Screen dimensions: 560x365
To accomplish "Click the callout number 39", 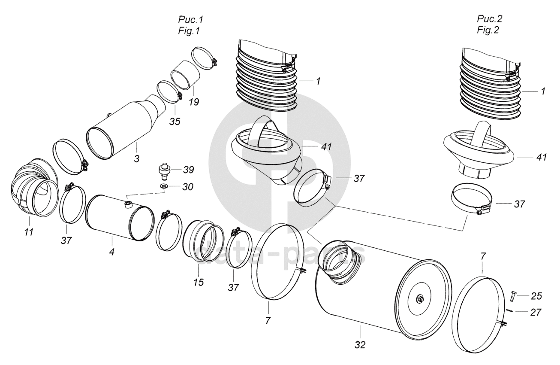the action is click(x=189, y=170).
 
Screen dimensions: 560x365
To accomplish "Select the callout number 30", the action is click(x=188, y=187).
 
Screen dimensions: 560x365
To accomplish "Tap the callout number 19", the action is click(x=194, y=102).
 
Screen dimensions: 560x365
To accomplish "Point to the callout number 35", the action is click(x=175, y=122).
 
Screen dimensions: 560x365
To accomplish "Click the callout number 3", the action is click(x=136, y=159).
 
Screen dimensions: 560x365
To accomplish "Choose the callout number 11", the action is click(x=29, y=232).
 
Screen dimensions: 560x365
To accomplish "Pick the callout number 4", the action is click(x=112, y=252).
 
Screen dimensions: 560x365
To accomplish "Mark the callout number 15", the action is click(x=199, y=282).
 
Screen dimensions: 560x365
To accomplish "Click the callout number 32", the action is click(x=360, y=345).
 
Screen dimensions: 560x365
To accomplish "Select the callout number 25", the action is click(x=536, y=296).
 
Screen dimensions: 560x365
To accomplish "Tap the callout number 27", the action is click(x=536, y=313).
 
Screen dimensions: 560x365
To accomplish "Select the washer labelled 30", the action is click(x=164, y=186).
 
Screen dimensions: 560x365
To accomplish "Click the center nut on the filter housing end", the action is click(x=419, y=299).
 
